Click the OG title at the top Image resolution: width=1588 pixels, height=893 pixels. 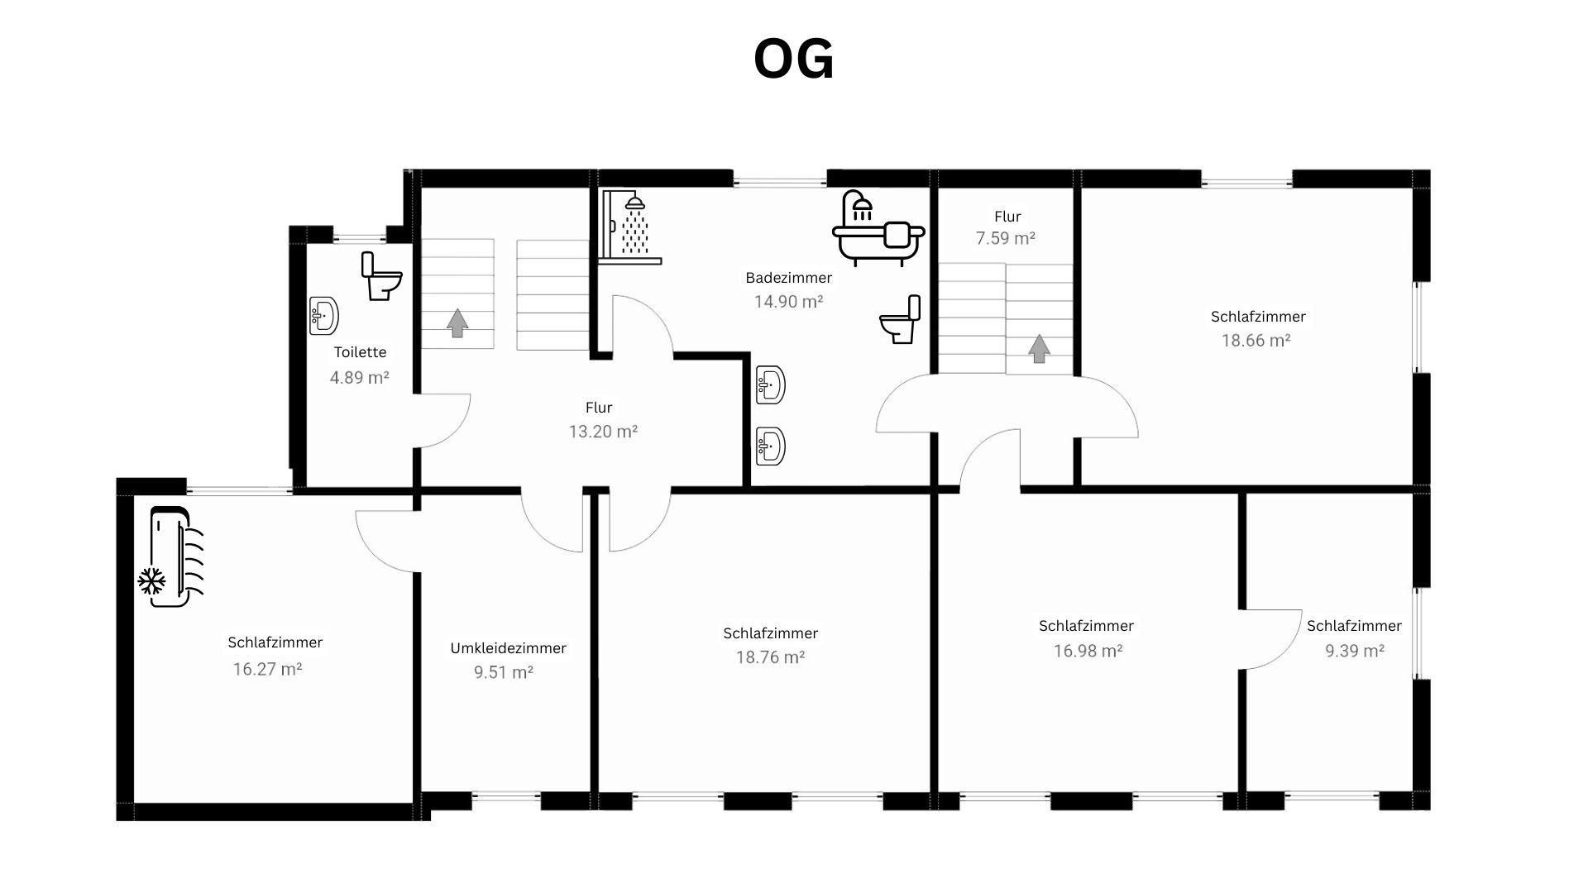(x=794, y=60)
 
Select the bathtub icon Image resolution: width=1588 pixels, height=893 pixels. (x=878, y=228)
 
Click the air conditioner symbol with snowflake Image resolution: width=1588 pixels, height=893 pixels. (x=170, y=556)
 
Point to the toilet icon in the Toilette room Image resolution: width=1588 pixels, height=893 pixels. (x=381, y=276)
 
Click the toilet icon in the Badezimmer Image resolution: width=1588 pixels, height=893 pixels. (x=900, y=319)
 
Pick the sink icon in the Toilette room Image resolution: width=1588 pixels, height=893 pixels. (x=324, y=316)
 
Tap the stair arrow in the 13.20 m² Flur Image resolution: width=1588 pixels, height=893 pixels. (x=457, y=322)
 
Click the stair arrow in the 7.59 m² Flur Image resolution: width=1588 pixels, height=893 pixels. (x=1039, y=348)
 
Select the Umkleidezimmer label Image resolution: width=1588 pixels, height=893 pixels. (x=509, y=648)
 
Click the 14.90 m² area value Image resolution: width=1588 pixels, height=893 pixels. (x=788, y=302)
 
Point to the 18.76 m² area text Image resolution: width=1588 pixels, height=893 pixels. (x=771, y=657)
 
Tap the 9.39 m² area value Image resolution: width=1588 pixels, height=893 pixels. (x=1355, y=651)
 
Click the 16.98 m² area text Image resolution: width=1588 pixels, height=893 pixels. (x=1088, y=651)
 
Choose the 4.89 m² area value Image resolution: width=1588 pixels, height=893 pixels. (x=360, y=378)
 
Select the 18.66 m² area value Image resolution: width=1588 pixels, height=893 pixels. (x=1256, y=341)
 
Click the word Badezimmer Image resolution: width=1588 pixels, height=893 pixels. (x=789, y=278)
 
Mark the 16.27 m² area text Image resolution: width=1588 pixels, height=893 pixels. (x=267, y=669)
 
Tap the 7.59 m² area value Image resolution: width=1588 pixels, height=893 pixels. (x=1006, y=238)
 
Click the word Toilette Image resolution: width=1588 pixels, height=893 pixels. (x=361, y=352)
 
